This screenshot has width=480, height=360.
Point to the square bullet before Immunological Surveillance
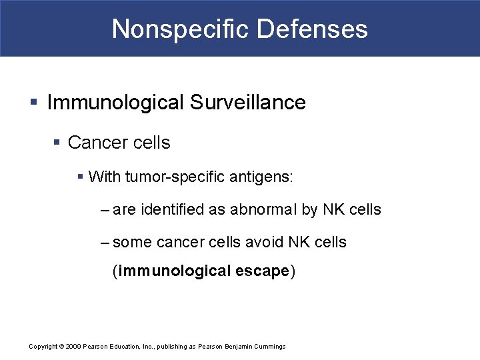point(34,103)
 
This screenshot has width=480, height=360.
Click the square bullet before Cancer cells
point(57,143)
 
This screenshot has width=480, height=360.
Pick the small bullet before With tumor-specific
point(81,177)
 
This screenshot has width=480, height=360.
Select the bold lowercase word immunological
point(175,271)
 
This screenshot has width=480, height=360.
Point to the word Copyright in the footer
point(44,347)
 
